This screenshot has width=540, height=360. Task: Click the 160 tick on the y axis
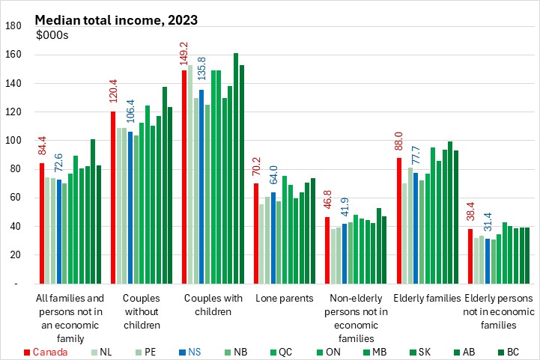[x=13, y=55]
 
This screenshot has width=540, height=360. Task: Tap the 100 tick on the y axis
[x=13, y=141]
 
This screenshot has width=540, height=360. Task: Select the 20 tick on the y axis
[x=16, y=255]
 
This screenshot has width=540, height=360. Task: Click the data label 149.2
[x=185, y=55]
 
